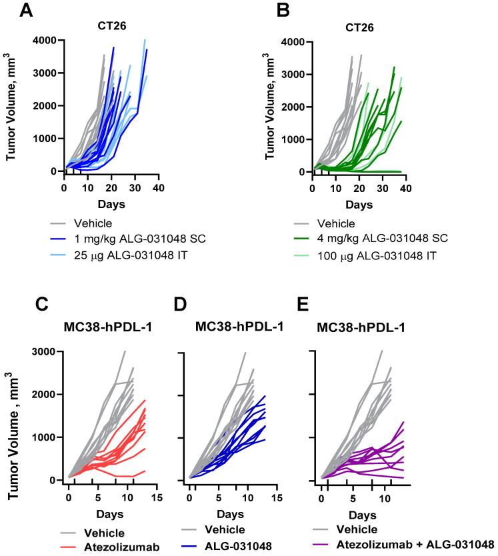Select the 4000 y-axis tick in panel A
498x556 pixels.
pos(45,41)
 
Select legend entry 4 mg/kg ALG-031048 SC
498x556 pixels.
pos(381,239)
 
